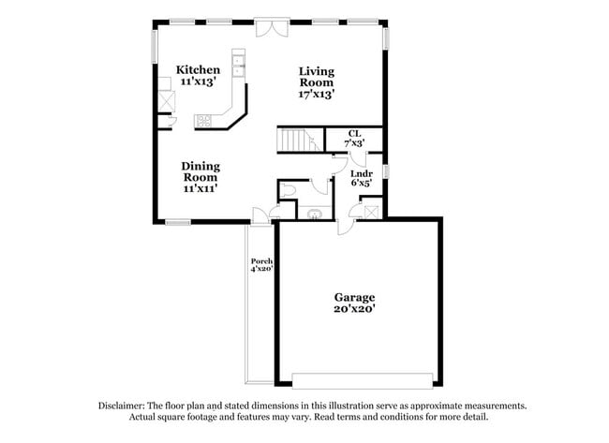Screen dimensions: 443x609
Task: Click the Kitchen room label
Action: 198,70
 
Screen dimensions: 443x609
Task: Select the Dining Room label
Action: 201,171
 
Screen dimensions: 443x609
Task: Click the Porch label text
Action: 260,261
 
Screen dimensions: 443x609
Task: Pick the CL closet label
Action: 354,134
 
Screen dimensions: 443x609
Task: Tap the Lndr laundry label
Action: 361,173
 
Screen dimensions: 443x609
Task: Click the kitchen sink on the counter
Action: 238,65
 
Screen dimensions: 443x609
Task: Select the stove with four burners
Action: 203,119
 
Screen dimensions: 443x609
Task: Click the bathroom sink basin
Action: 314,213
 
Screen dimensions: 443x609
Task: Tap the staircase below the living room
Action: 299,140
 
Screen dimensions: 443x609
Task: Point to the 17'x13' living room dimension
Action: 317,94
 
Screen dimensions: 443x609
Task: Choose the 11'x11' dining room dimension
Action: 201,188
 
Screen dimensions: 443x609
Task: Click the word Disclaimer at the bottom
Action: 126,406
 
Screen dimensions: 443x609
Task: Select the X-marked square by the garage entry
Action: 371,212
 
